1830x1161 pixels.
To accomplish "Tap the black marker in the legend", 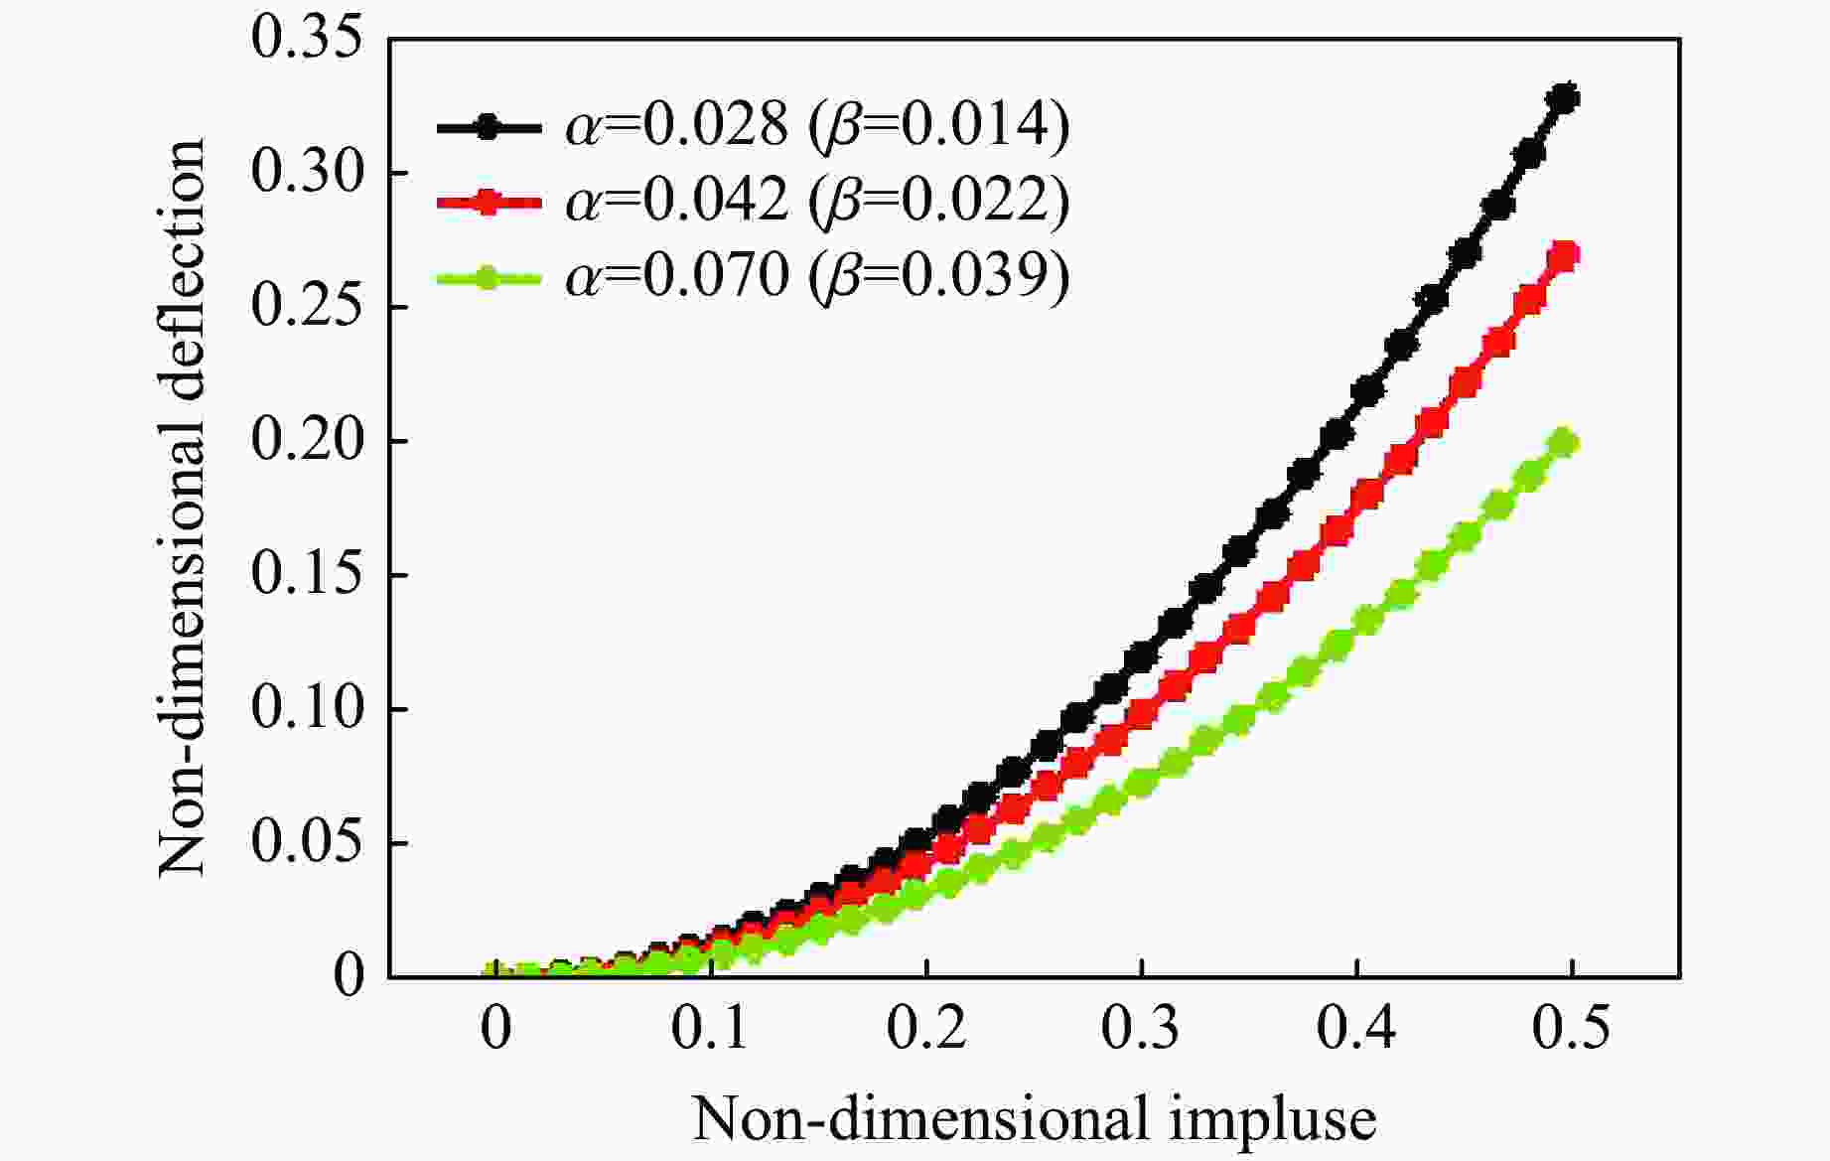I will [x=487, y=127].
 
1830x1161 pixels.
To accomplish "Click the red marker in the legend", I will [x=487, y=203].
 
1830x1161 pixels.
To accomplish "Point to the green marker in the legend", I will [x=487, y=277].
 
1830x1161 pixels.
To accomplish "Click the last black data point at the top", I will [x=1566, y=98].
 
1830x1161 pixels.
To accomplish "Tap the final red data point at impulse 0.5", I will [x=1564, y=256].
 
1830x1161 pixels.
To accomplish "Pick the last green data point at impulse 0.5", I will [x=1564, y=443].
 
